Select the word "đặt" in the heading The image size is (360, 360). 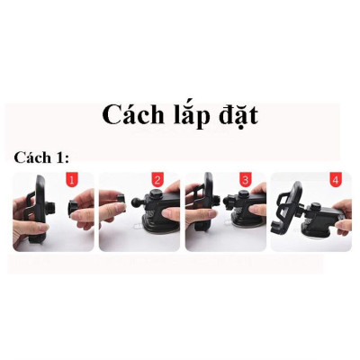[x=236, y=115]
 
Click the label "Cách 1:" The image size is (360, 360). [x=40, y=157]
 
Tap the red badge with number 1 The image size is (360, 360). [x=73, y=181]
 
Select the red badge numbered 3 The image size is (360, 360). [x=244, y=181]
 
